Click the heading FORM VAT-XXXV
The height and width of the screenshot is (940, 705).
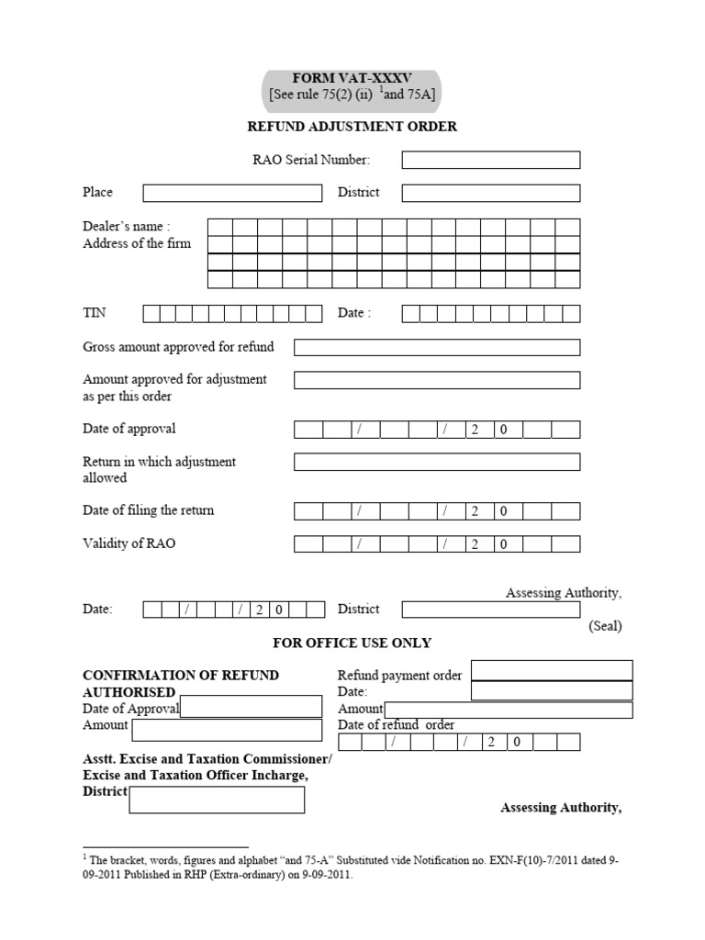pyautogui.click(x=352, y=79)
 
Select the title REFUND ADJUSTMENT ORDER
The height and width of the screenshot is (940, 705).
pyautogui.click(x=352, y=127)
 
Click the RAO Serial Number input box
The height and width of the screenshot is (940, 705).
pyautogui.click(x=490, y=161)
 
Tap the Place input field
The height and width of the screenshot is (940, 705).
pyautogui.click(x=232, y=193)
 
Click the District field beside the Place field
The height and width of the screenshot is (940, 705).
pyautogui.click(x=490, y=193)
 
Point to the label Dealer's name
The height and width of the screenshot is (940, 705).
pyautogui.click(x=126, y=227)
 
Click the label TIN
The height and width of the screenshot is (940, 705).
pyautogui.click(x=95, y=313)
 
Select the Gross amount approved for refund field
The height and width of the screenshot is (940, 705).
pyautogui.click(x=436, y=347)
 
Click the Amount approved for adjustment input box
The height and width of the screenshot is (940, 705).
pyautogui.click(x=436, y=380)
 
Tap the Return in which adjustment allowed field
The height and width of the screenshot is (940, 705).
pyautogui.click(x=436, y=462)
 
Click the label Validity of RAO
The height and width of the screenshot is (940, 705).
pyautogui.click(x=129, y=543)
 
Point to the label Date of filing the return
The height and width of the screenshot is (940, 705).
pyautogui.click(x=148, y=510)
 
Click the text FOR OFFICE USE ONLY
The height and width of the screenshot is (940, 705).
pyautogui.click(x=352, y=643)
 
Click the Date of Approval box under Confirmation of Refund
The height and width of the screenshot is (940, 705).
pyautogui.click(x=251, y=706)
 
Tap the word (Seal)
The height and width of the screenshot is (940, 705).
pyautogui.click(x=604, y=626)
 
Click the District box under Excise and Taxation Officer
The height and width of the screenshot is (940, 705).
pyautogui.click(x=217, y=800)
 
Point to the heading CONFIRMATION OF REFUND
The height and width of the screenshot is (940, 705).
pyautogui.click(x=181, y=675)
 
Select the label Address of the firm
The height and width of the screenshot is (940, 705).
pyautogui.click(x=137, y=243)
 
